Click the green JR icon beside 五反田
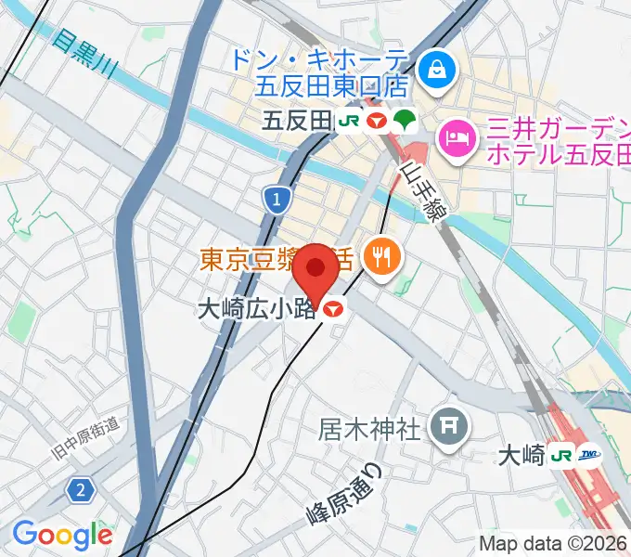[x=349, y=121]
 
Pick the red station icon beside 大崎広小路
[x=335, y=309]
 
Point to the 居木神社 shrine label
[x=371, y=428]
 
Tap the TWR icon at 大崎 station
[x=588, y=455]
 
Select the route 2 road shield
[x=81, y=489]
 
